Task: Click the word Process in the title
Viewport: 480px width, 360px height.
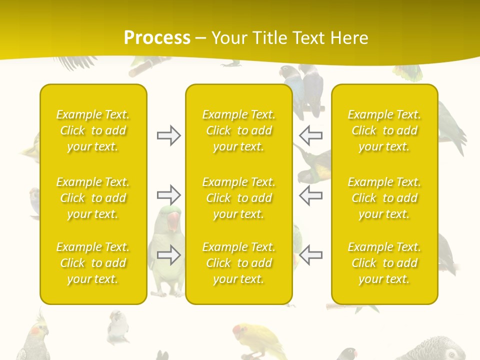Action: coord(157,38)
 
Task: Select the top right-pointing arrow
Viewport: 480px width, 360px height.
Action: coord(168,135)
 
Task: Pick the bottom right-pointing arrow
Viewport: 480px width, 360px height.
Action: coord(168,255)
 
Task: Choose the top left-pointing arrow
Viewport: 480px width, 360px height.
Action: coord(311,135)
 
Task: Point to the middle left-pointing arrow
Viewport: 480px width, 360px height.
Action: coord(311,195)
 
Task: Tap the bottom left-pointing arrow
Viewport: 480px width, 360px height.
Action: coord(311,255)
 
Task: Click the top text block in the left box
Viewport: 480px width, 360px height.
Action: coord(93,130)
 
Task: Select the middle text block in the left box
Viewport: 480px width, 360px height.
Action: coord(93,198)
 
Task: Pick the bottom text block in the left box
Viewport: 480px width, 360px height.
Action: coord(93,263)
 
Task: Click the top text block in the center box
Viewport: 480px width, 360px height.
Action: coord(239,130)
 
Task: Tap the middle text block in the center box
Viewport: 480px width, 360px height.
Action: coord(239,198)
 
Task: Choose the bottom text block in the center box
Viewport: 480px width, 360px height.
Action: coord(239,263)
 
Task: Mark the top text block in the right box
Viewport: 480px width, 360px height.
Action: coord(384,130)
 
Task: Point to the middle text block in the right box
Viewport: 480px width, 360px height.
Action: coord(384,198)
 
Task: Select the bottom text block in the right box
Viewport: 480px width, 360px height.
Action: coord(384,263)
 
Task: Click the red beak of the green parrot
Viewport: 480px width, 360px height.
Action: coord(173,221)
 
